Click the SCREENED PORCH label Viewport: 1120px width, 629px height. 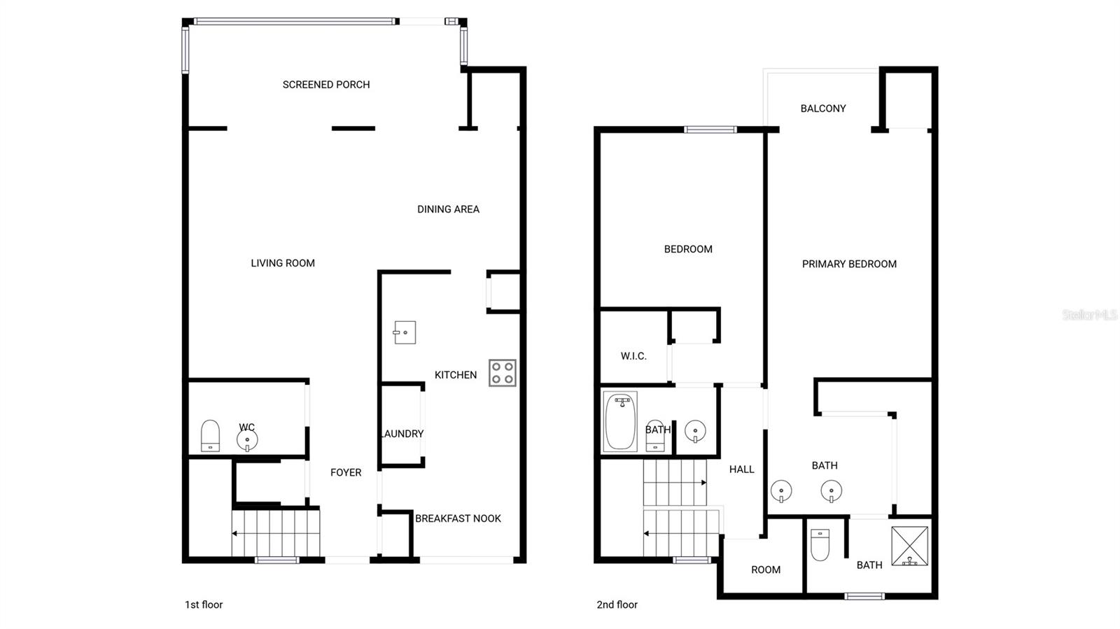[x=326, y=85]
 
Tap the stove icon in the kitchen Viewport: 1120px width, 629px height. [x=502, y=373]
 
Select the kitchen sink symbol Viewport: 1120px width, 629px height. [x=405, y=332]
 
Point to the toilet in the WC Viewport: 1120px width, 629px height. [x=210, y=436]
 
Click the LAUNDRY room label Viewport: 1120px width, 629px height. [x=402, y=434]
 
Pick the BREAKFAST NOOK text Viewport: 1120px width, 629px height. [x=458, y=518]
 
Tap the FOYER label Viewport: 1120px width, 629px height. [x=346, y=473]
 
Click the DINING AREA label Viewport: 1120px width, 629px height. [x=448, y=209]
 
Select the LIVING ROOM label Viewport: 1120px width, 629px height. [x=283, y=263]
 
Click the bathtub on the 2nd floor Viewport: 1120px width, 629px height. [x=620, y=421]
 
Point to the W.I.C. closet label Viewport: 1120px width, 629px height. [x=633, y=356]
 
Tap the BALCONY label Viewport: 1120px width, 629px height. [x=823, y=108]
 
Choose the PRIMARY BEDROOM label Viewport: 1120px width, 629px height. [x=849, y=264]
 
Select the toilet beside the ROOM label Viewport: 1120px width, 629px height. [x=820, y=544]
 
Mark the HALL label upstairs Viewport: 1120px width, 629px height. [x=741, y=469]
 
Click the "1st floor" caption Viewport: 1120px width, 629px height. [x=204, y=605]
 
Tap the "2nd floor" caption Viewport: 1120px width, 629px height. [x=617, y=605]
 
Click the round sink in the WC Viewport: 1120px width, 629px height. [x=247, y=441]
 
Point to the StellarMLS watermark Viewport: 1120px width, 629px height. [x=1089, y=315]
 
